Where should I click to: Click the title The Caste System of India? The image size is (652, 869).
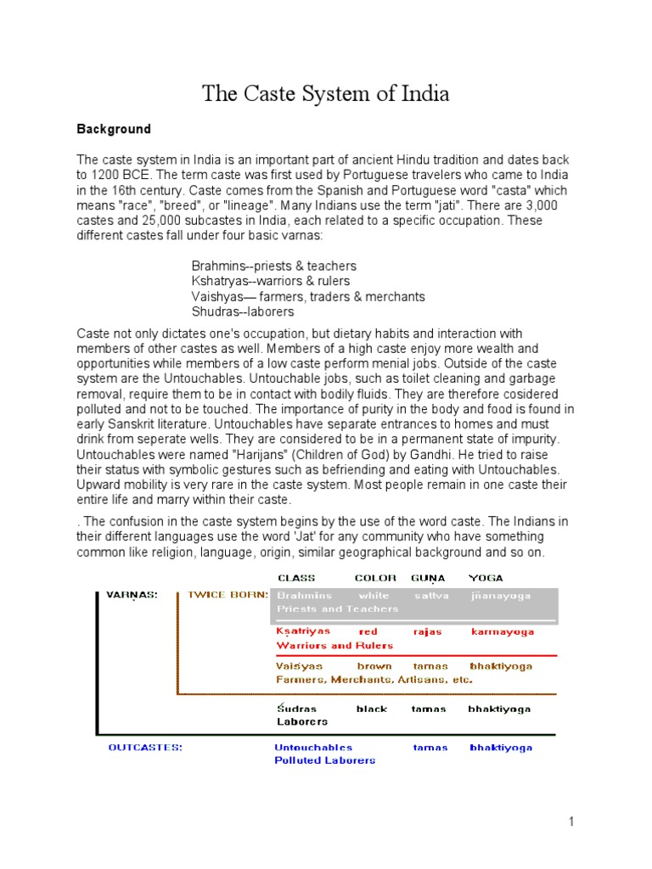pos(326,93)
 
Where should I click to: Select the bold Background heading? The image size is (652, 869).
pos(114,129)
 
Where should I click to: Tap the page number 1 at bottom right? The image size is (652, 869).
pos(572,821)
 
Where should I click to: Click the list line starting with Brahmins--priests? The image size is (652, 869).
pos(273,266)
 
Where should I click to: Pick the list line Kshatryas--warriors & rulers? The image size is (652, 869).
pos(270,281)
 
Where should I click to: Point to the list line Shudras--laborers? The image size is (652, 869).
pos(243,311)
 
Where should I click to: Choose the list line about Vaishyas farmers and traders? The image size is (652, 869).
pos(308,296)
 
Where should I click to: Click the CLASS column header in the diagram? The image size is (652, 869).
pos(296,578)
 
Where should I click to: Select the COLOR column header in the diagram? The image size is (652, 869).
pos(375,578)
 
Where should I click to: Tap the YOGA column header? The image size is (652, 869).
pos(485,578)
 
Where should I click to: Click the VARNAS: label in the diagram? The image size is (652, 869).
pos(132,595)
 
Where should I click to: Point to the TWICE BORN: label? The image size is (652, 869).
pos(228,595)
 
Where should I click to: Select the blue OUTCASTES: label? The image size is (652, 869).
pos(145,748)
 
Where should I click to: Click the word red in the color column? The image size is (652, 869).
pos(368,631)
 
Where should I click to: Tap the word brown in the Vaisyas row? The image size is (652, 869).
pos(374,666)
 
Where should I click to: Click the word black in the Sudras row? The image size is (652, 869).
pos(371,709)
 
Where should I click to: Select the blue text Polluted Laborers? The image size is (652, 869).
pos(324,760)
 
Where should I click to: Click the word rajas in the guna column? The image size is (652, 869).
pos(427,631)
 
